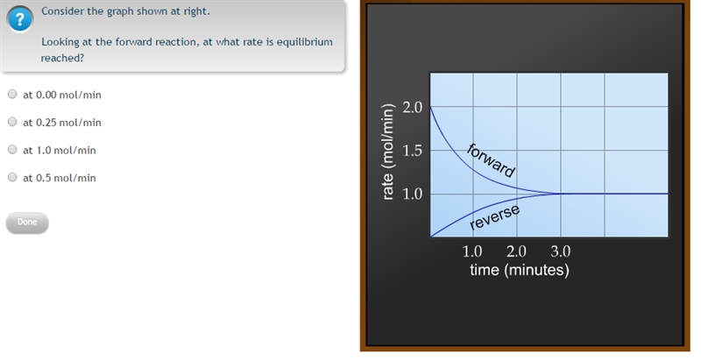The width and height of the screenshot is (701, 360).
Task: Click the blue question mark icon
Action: [19, 19]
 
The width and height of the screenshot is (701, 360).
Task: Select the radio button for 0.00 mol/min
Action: [12, 94]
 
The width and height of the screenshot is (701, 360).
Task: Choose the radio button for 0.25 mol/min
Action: [12, 122]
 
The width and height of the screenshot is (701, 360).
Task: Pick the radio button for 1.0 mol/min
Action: [12, 149]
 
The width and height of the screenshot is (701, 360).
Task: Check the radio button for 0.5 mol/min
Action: [12, 177]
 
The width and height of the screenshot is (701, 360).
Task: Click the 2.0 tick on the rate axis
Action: [412, 107]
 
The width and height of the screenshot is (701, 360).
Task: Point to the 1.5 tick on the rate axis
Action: [412, 151]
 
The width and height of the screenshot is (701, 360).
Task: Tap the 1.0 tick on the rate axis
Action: [412, 194]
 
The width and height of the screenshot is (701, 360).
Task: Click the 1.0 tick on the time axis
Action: [472, 251]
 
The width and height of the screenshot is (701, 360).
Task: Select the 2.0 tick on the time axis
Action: [516, 251]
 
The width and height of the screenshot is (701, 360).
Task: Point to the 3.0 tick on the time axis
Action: [560, 251]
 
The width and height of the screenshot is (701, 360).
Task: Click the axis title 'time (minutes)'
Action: [520, 270]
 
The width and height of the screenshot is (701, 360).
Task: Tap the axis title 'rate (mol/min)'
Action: [388, 152]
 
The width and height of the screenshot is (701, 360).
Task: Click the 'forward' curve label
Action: [491, 160]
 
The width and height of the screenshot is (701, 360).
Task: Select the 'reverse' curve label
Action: [494, 217]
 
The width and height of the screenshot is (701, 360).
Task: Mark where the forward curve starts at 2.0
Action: [430, 107]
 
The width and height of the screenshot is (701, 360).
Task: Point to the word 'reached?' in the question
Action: [62, 59]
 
